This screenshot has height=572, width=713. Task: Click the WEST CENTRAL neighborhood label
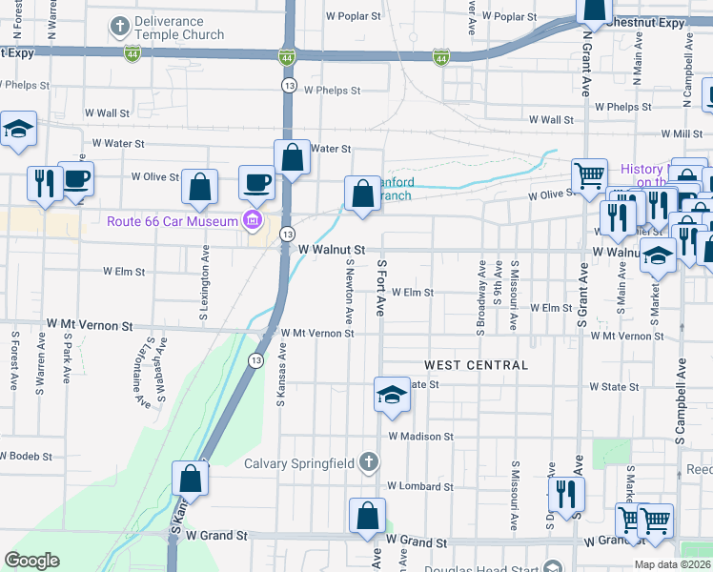click(x=476, y=365)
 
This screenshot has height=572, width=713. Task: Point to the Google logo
click(x=32, y=561)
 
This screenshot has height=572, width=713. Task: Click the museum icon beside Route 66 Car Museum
click(x=253, y=222)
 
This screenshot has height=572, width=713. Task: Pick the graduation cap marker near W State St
click(x=390, y=395)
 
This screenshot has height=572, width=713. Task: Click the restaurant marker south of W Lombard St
click(x=566, y=494)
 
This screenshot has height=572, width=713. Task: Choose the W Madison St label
click(x=420, y=437)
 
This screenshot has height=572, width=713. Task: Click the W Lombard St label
click(x=419, y=486)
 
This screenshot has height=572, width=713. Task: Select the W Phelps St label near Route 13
click(x=332, y=91)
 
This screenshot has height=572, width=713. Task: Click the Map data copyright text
click(x=672, y=564)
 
